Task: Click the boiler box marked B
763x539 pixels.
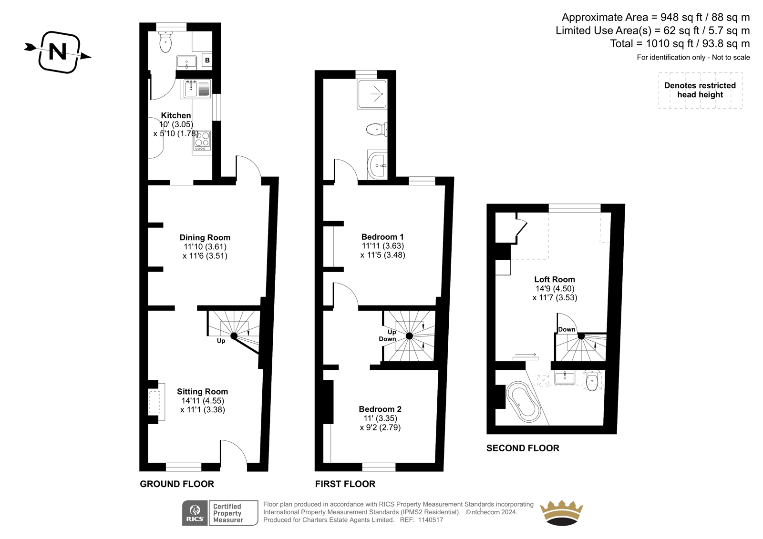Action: (207, 61)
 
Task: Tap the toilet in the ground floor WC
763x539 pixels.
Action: (165, 42)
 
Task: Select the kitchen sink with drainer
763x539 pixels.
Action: (197, 89)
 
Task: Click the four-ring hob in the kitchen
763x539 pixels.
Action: (202, 141)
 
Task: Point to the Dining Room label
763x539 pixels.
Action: (205, 237)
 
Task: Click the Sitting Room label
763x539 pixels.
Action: (202, 392)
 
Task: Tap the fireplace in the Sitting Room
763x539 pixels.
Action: (156, 402)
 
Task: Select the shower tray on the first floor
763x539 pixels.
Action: (372, 94)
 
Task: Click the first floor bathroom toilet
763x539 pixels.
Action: (377, 129)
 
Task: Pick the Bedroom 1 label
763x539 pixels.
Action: (382, 237)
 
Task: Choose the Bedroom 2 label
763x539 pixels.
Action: (380, 409)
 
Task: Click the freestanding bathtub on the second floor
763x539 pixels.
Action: (523, 402)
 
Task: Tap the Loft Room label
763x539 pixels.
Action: (555, 279)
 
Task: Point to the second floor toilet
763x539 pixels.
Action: (592, 380)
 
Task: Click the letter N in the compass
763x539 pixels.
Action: (58, 52)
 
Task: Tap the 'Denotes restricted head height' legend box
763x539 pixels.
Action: (700, 90)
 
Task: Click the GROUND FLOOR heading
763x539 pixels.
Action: (177, 484)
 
